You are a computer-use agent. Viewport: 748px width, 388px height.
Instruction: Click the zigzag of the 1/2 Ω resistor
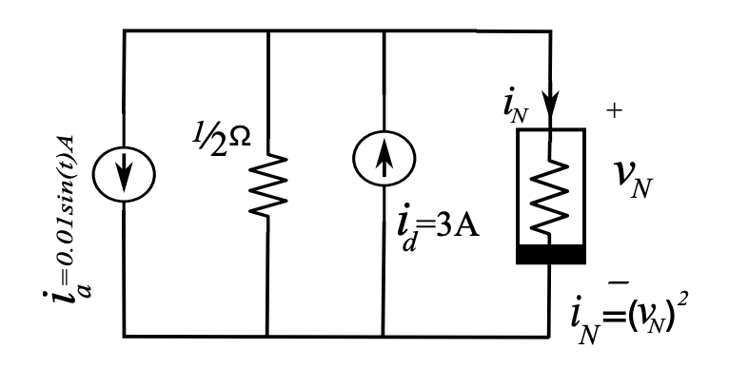click(267, 186)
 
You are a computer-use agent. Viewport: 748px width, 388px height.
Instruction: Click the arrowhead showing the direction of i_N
click(551, 101)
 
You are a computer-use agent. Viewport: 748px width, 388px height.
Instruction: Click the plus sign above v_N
click(615, 111)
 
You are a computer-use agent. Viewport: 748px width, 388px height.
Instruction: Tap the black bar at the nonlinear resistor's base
click(551, 254)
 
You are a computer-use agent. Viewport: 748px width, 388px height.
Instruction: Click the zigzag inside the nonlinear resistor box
click(551, 195)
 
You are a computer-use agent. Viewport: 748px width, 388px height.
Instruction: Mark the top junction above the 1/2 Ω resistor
click(267, 31)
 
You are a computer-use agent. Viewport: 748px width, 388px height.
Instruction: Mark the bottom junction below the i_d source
click(383, 336)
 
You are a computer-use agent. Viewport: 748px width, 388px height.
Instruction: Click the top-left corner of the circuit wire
click(124, 31)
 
